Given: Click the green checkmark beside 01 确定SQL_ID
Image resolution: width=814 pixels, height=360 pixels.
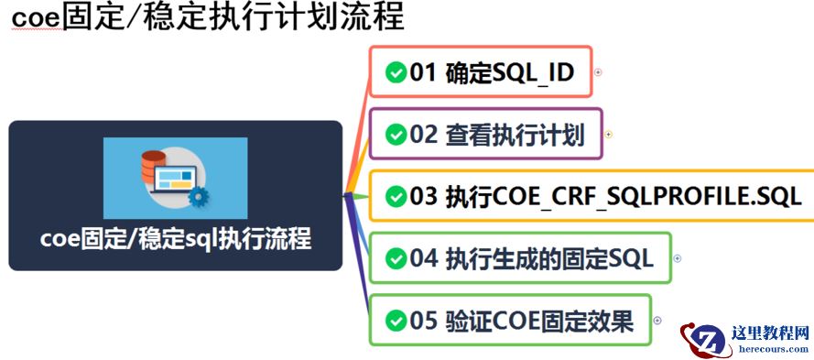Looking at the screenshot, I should click(396, 73).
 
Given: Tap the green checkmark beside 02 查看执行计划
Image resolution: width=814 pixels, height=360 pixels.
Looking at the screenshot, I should click(396, 135).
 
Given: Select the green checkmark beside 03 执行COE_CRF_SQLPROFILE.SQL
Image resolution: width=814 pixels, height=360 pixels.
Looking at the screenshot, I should click(396, 196).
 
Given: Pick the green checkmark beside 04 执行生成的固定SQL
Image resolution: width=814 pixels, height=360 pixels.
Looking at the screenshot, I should click(396, 259).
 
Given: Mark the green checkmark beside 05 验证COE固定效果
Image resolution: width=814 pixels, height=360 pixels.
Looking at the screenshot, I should click(396, 321).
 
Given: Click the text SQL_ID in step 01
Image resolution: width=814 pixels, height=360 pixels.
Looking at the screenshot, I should click(533, 73).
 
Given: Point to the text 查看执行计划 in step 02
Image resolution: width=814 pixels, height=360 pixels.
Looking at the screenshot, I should click(515, 135).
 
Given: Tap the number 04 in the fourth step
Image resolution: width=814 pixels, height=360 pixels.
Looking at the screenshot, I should click(425, 259).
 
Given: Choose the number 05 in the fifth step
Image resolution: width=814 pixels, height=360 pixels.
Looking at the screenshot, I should click(425, 321).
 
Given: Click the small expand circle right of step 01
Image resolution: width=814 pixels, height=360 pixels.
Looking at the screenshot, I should click(598, 71).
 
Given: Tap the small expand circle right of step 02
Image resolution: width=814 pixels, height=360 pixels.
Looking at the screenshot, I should click(608, 134).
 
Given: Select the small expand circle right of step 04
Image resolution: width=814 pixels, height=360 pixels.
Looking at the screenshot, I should click(678, 258).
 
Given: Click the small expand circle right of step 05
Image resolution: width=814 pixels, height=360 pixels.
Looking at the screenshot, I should click(657, 320).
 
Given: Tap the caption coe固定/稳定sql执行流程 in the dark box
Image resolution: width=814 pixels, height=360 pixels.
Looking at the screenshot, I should click(176, 240).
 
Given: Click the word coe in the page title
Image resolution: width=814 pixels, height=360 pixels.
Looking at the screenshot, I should click(34, 16).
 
